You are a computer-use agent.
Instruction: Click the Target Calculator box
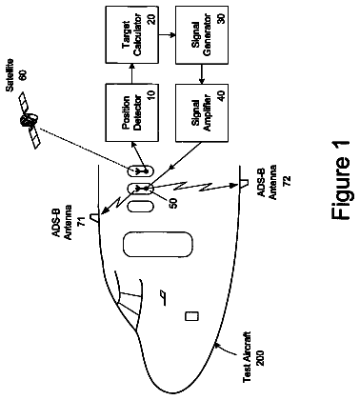point(131,34)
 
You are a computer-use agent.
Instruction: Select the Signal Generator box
point(202,34)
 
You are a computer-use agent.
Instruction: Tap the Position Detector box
point(131,112)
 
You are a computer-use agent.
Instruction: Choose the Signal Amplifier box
point(202,112)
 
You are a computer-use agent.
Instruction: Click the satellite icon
point(30,121)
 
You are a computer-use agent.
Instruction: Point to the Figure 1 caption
point(341,180)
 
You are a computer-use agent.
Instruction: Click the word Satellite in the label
point(10,75)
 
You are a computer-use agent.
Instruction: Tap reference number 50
point(173,202)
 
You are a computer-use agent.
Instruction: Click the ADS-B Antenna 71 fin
point(95,217)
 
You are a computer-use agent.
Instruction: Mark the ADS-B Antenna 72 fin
point(243,184)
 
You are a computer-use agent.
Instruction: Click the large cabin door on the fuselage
point(157,245)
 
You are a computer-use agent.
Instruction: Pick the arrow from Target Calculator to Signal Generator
point(167,34)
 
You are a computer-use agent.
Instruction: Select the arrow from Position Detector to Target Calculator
point(131,73)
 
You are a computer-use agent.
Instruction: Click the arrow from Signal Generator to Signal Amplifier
point(202,73)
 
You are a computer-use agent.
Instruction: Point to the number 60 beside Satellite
point(23,75)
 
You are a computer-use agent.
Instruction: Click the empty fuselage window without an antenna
point(140,207)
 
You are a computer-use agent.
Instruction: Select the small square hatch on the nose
point(192,316)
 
